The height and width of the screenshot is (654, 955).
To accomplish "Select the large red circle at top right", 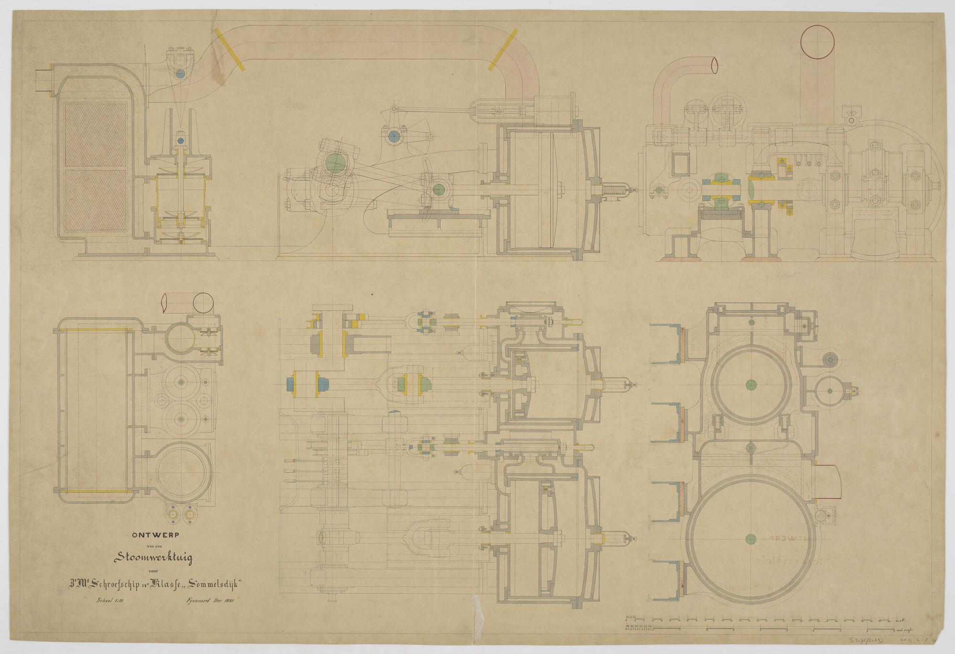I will click(x=817, y=42).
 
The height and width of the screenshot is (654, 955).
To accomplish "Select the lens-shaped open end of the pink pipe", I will click(x=714, y=66).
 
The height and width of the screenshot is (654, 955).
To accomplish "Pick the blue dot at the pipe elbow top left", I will click(x=180, y=73).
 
